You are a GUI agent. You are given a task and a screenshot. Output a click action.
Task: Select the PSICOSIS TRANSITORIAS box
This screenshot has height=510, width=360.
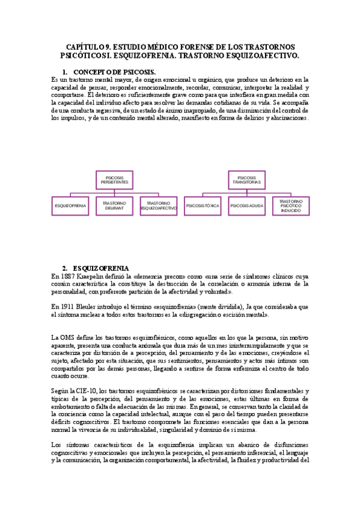pos(247,179)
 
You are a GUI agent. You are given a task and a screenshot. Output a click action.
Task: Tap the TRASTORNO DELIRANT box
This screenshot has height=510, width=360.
pos(113,206)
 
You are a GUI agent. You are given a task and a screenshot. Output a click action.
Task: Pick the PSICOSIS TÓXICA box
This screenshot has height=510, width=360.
pos(203,206)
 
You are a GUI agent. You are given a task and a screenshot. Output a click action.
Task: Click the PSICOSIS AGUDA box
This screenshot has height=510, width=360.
pos(246,206)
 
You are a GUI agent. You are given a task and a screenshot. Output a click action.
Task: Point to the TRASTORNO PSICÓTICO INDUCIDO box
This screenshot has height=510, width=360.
pos(290,206)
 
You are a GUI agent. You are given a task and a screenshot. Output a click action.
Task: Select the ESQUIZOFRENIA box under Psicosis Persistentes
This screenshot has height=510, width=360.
pos(70,206)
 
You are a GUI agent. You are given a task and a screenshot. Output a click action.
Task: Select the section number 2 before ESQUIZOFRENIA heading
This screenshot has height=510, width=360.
pos(65,268)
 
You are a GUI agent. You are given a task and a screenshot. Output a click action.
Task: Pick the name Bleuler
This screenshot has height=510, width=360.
pos(96,306)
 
